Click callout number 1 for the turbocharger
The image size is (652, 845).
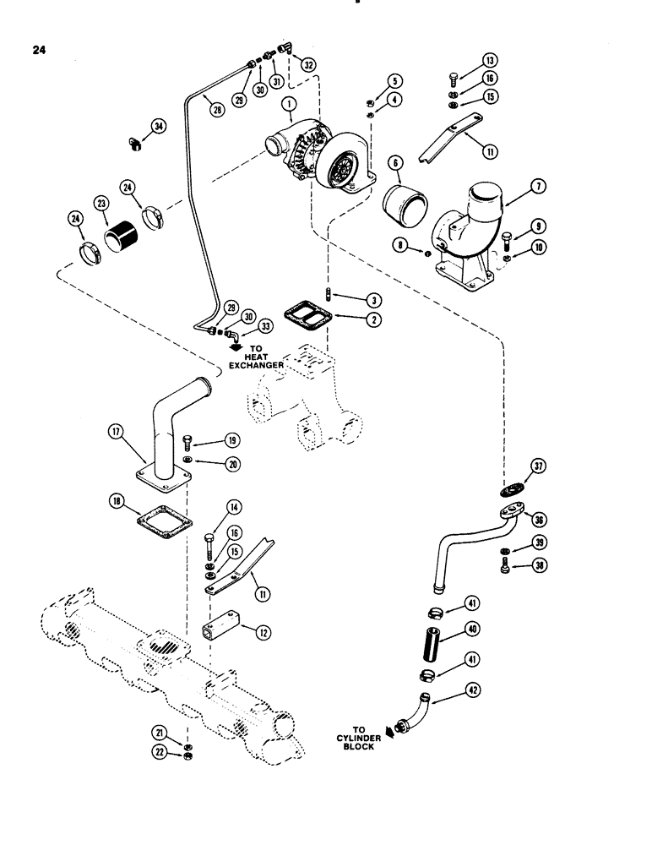tap(291, 105)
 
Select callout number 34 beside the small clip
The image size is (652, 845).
tap(158, 128)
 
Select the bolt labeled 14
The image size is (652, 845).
tap(209, 537)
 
